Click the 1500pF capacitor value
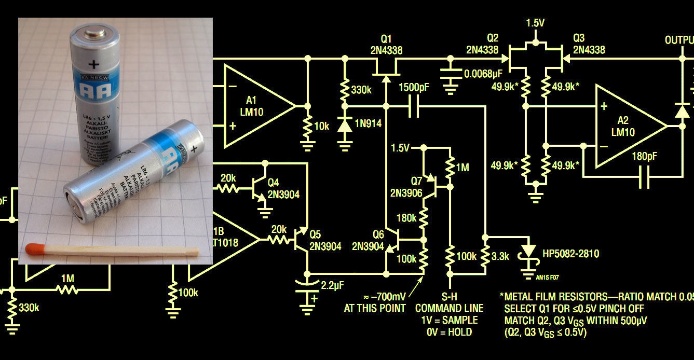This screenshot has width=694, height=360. pyautogui.click(x=414, y=88)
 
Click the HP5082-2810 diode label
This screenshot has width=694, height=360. pyautogui.click(x=570, y=254)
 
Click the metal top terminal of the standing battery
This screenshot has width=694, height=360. pyautogui.click(x=93, y=35)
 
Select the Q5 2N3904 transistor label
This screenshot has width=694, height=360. pyautogui.click(x=324, y=240)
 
